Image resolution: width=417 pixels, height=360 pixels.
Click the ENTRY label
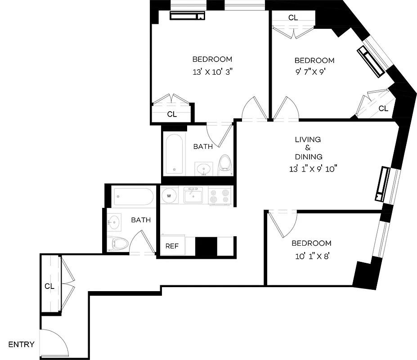point(21,345)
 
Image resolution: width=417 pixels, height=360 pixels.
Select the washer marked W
point(170,196)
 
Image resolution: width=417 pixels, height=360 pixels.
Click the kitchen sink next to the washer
point(193,196)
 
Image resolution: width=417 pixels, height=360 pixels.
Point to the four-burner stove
point(220,196)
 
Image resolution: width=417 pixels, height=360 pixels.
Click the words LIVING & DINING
point(308,148)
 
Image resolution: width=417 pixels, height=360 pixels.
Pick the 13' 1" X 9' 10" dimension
point(313,169)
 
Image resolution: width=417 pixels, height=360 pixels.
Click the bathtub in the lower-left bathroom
point(134,197)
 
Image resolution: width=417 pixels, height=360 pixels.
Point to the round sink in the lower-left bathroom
point(114,221)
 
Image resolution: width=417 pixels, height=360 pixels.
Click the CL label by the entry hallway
point(49,286)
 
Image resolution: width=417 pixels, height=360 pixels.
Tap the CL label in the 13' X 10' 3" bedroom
point(172,114)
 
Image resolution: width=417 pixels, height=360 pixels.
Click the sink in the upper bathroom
point(204,169)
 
